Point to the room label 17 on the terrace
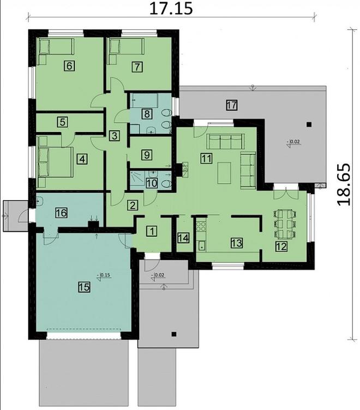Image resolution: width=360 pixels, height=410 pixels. pos(231,105)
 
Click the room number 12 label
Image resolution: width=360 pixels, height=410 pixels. pos(279,246)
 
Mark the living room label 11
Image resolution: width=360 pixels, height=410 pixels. pos(206,159)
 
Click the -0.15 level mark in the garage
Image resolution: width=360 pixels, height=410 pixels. pos(103,275)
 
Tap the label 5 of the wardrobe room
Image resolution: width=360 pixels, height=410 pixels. pos(64,123)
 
